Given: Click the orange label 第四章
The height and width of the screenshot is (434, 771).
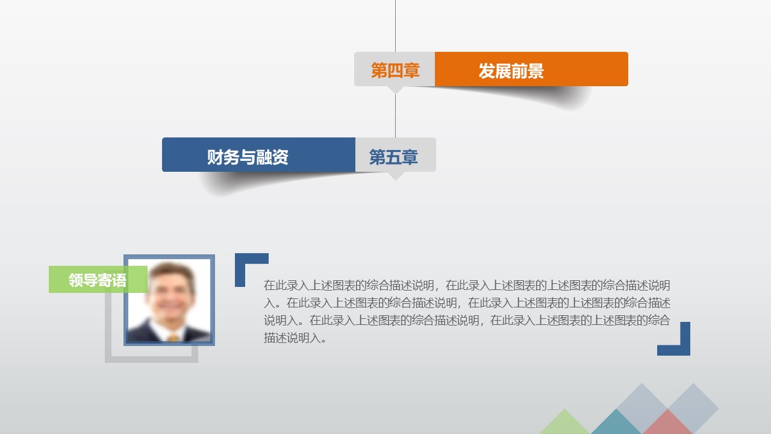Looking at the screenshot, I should pos(395,70).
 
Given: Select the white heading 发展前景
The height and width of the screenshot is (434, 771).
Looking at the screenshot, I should pos(511,71).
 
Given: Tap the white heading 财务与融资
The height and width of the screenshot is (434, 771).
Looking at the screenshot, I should pos(248,157).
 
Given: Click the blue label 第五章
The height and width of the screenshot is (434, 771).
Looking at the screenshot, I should pos(393,157).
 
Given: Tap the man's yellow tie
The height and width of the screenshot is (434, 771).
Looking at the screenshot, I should pos(173,338).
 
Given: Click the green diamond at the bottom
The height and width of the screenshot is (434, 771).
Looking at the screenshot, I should pos(564,424).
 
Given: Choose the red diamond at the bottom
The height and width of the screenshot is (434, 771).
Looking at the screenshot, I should pos(667,423).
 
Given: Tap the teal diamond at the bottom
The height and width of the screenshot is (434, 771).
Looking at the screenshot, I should pos(616,424).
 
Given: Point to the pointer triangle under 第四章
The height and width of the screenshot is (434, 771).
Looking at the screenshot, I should pos(395,90).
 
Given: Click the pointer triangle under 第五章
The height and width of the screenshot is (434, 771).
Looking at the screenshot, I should pos(395,175).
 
